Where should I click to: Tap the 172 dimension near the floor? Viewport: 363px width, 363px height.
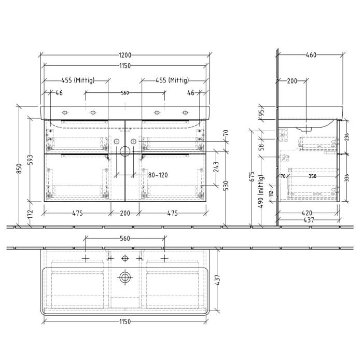(x=31, y=213)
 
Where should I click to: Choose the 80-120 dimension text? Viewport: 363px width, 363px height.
(x=158, y=175)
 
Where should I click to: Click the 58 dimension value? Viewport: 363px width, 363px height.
(x=261, y=147)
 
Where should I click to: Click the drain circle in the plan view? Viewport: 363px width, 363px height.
(x=124, y=277)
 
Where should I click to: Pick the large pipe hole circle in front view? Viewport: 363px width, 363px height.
(x=124, y=151)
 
